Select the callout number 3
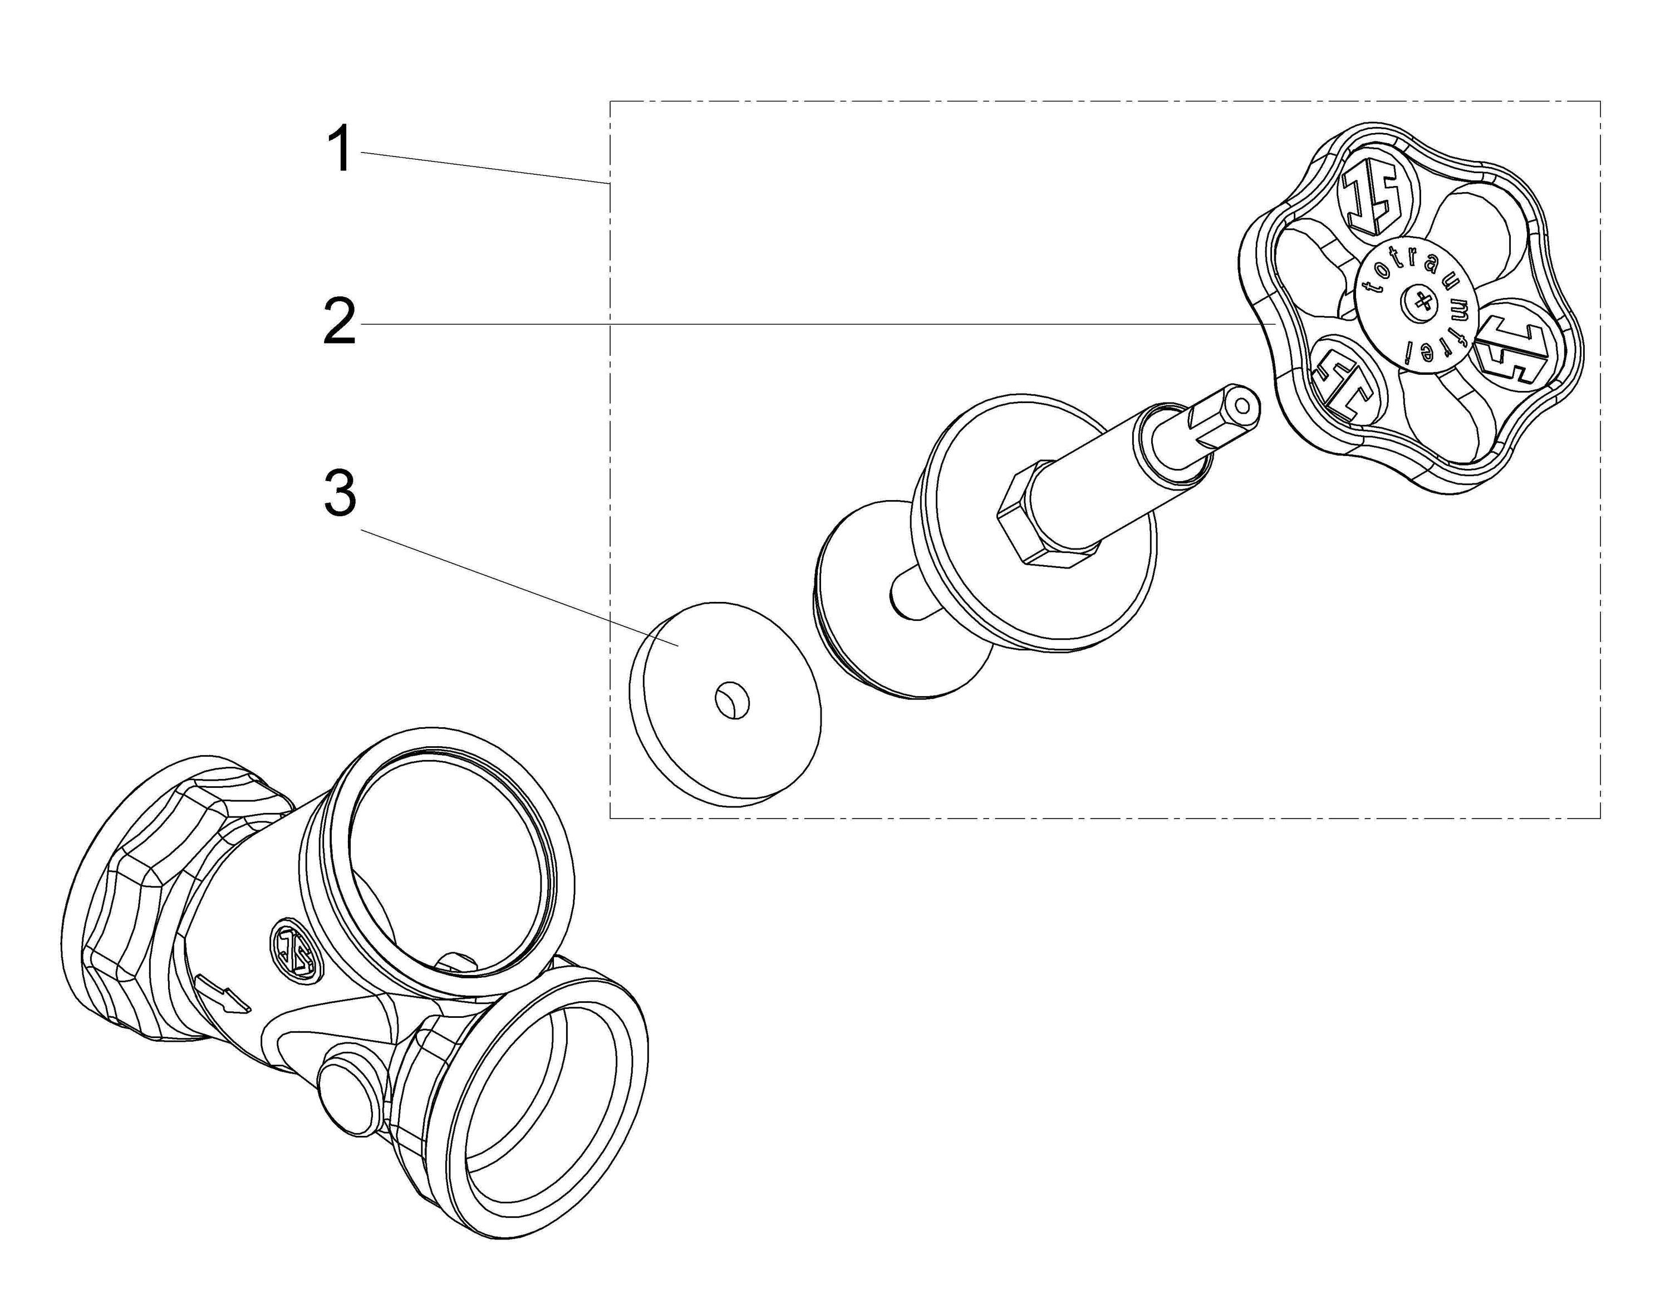[340, 493]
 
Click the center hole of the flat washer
[730, 702]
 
